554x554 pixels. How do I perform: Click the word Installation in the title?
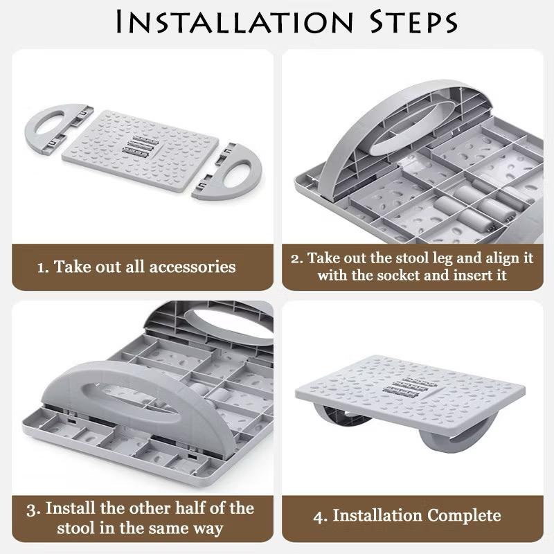pyautogui.click(x=235, y=22)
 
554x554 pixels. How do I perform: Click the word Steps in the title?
pyautogui.click(x=413, y=22)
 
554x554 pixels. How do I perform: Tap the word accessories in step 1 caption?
pyautogui.click(x=193, y=267)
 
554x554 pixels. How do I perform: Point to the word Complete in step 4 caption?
pyautogui.click(x=464, y=516)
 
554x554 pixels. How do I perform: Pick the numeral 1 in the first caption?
pyautogui.click(x=42, y=267)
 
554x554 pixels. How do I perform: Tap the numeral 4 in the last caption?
pyautogui.click(x=319, y=517)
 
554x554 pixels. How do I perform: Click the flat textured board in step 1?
pyautogui.click(x=141, y=151)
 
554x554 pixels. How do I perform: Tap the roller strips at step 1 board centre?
pyautogui.click(x=141, y=146)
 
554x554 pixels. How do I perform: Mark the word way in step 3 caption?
pyautogui.click(x=208, y=529)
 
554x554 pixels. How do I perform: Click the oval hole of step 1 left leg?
pyautogui.click(x=49, y=123)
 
